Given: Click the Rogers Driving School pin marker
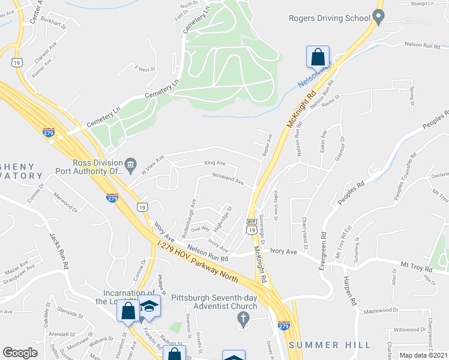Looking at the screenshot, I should tap(378, 19).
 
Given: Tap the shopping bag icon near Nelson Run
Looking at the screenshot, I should tap(318, 58).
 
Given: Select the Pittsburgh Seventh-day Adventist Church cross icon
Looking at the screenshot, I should tap(243, 317).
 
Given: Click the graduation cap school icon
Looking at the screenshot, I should tap(149, 307).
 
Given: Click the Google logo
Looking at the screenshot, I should tap(20, 353).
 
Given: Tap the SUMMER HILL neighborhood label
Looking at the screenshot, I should tap(326, 345).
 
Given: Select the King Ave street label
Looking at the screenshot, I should tap(214, 163).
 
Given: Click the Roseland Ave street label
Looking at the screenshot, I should tap(229, 178).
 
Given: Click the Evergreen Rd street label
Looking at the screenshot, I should tap(324, 247).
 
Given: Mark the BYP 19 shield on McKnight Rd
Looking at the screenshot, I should tap(252, 226).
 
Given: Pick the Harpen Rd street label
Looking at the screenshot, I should tap(351, 291).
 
